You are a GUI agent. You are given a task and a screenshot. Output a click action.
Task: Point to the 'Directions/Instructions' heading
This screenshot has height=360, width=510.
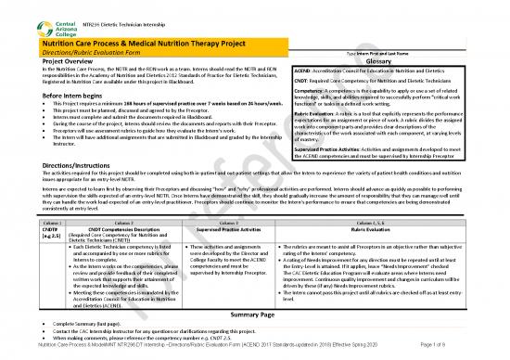[x=51, y=163]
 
